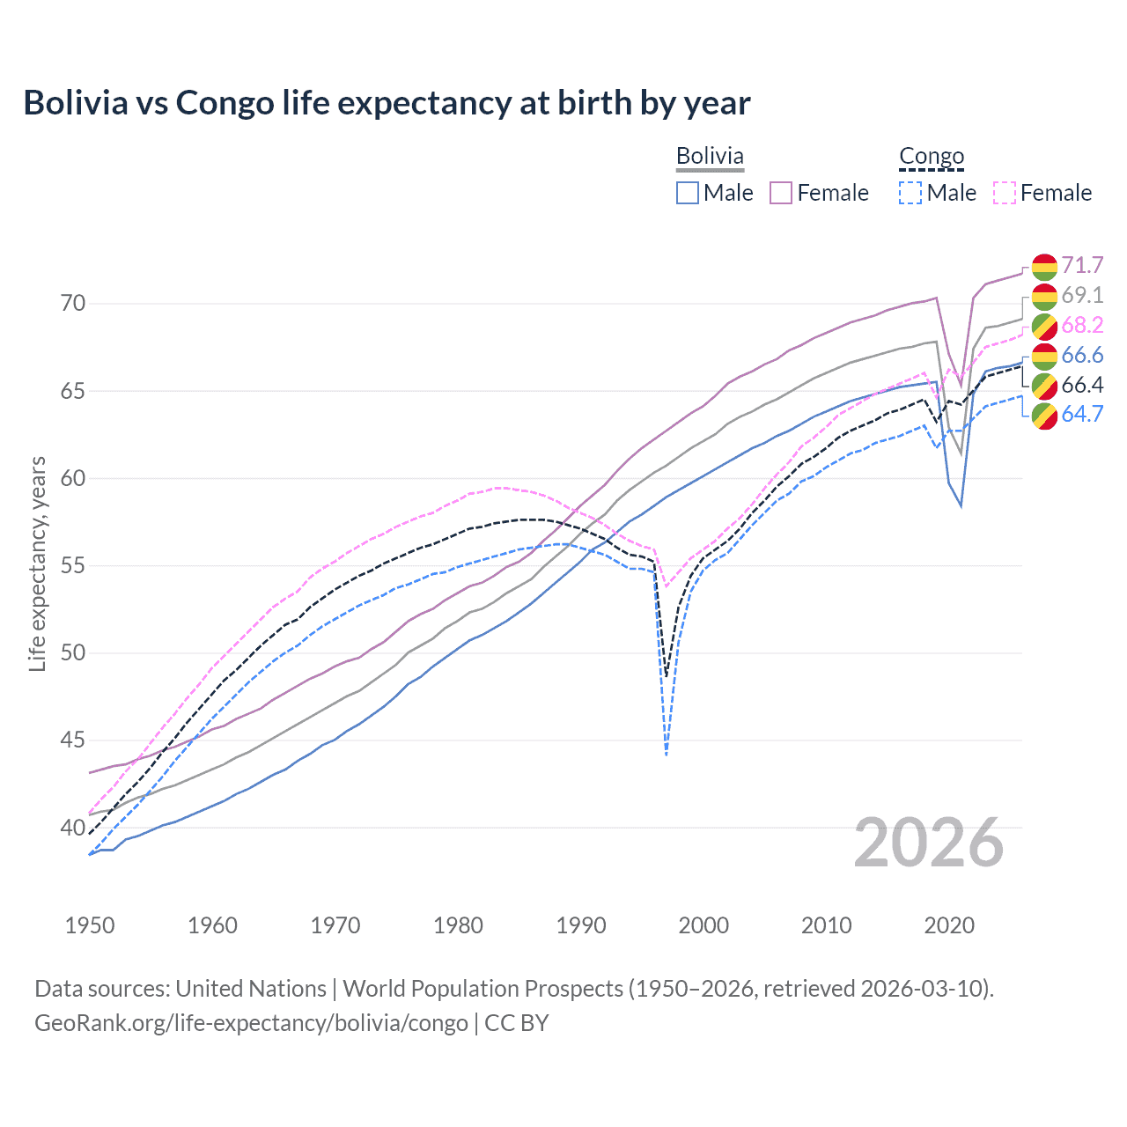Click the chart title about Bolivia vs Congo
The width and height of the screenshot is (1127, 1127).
(387, 103)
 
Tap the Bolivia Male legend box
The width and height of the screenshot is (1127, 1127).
(688, 193)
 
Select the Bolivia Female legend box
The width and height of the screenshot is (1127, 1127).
(781, 193)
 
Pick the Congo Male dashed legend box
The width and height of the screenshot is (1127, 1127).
(910, 193)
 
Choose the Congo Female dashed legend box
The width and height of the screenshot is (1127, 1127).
(1005, 193)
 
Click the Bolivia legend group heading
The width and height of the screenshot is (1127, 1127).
(710, 156)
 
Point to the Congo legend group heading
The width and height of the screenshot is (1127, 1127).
(932, 156)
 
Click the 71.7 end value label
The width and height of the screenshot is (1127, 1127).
(1082, 265)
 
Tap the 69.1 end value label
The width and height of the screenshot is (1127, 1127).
(1082, 295)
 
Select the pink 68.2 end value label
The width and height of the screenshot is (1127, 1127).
(1082, 325)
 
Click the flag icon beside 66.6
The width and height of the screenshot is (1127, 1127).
(1044, 356)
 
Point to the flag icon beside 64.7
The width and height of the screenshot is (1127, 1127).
(1044, 415)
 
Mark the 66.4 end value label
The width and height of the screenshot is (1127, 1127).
(1082, 385)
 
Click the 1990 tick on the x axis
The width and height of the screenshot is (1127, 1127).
(581, 925)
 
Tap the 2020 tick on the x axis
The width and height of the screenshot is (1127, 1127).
(949, 925)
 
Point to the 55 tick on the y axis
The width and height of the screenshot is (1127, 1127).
(73, 565)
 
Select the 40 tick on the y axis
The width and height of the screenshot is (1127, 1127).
(73, 828)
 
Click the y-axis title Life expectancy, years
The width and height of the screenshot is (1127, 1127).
(37, 563)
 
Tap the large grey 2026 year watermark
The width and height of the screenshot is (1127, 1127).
(929, 843)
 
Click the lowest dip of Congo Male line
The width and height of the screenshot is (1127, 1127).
(667, 755)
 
